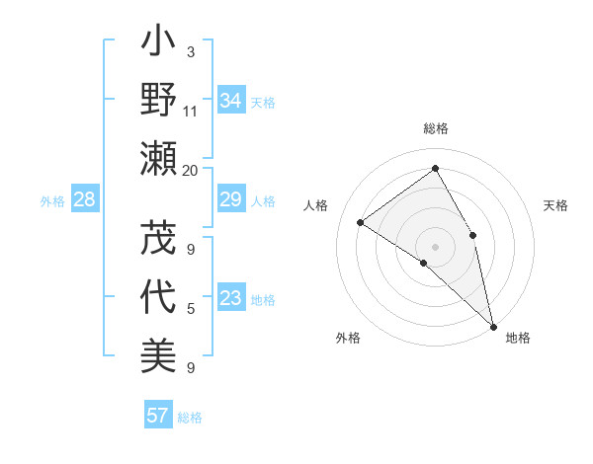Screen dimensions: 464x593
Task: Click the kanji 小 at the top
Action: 158,45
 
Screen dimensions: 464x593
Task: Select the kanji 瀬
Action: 158,157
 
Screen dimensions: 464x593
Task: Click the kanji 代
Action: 158,297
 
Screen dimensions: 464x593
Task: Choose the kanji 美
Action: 158,354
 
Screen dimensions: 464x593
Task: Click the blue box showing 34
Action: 231,101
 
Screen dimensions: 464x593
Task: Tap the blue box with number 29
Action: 231,200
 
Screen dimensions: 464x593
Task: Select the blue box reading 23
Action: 231,299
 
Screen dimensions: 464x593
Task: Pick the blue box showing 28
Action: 85,200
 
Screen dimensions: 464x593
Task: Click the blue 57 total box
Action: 158,416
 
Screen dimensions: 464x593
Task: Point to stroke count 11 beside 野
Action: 191,111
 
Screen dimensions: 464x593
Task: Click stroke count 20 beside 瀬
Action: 191,170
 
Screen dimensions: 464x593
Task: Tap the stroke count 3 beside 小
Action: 191,52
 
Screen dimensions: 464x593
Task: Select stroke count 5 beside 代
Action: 191,309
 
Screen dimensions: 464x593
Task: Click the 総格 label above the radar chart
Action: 436,129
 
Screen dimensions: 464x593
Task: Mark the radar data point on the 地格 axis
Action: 493,325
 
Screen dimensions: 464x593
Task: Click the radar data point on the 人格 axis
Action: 361,222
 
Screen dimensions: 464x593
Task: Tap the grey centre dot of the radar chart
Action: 436,245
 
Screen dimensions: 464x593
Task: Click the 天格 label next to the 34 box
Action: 262,102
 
